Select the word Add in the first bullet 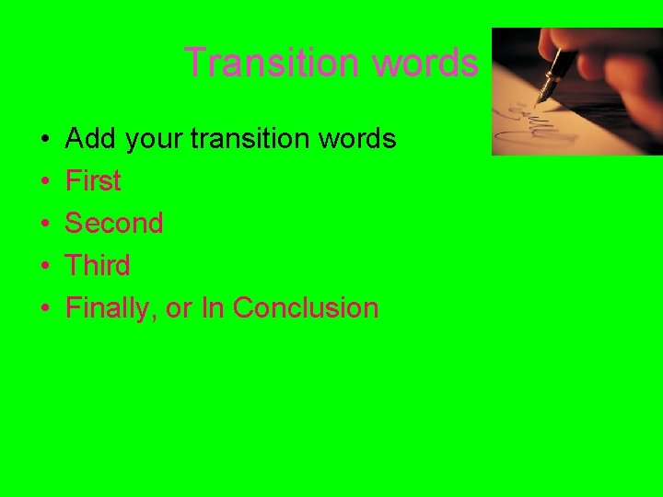point(90,139)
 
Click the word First point(93,181)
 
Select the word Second point(114,224)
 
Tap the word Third point(98,266)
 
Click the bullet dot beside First point(45,182)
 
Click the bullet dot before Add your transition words point(45,140)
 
